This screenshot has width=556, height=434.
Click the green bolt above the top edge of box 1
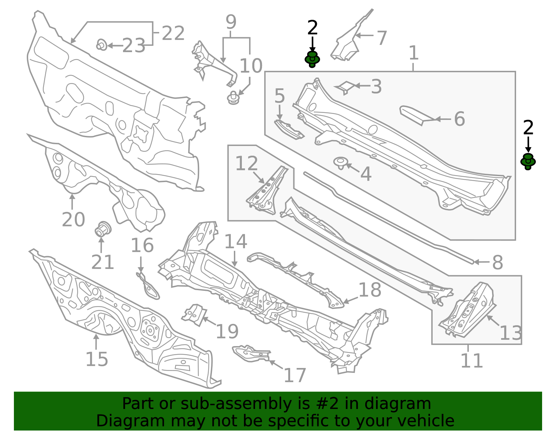[x=312, y=59]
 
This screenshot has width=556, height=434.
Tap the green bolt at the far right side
[x=528, y=162]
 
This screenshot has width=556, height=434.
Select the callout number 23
[x=133, y=46]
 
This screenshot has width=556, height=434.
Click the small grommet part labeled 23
[x=101, y=45]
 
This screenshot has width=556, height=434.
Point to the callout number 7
[x=382, y=38]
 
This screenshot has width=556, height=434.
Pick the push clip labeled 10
[x=233, y=98]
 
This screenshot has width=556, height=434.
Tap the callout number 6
[x=459, y=119]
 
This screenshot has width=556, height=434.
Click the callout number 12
[x=246, y=163]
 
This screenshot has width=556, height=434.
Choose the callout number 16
[x=142, y=245]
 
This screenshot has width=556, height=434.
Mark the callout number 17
[x=295, y=375]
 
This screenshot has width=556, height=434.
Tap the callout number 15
[x=97, y=359]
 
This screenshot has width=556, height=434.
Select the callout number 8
[x=498, y=262]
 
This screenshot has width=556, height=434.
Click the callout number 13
[x=511, y=333]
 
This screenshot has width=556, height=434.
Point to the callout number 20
[x=73, y=219]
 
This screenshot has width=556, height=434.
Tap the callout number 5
[x=279, y=96]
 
